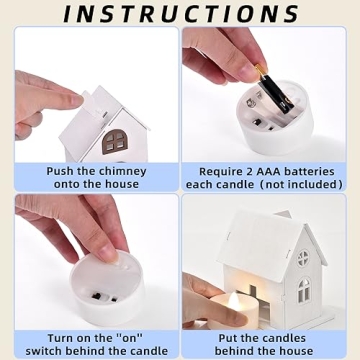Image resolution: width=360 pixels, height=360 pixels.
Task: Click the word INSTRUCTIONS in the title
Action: pos(181,13)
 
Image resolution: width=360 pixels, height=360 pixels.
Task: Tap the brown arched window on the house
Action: pos(115,141)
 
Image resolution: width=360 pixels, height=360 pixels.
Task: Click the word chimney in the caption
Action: pos(122,172)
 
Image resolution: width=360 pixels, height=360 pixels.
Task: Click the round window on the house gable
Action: pos(303,258)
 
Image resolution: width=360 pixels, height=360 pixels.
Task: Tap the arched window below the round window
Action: pos(303,290)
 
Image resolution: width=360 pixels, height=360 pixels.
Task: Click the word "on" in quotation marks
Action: pos(127,338)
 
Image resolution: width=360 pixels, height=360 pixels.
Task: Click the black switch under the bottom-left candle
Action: pos(98,296)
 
